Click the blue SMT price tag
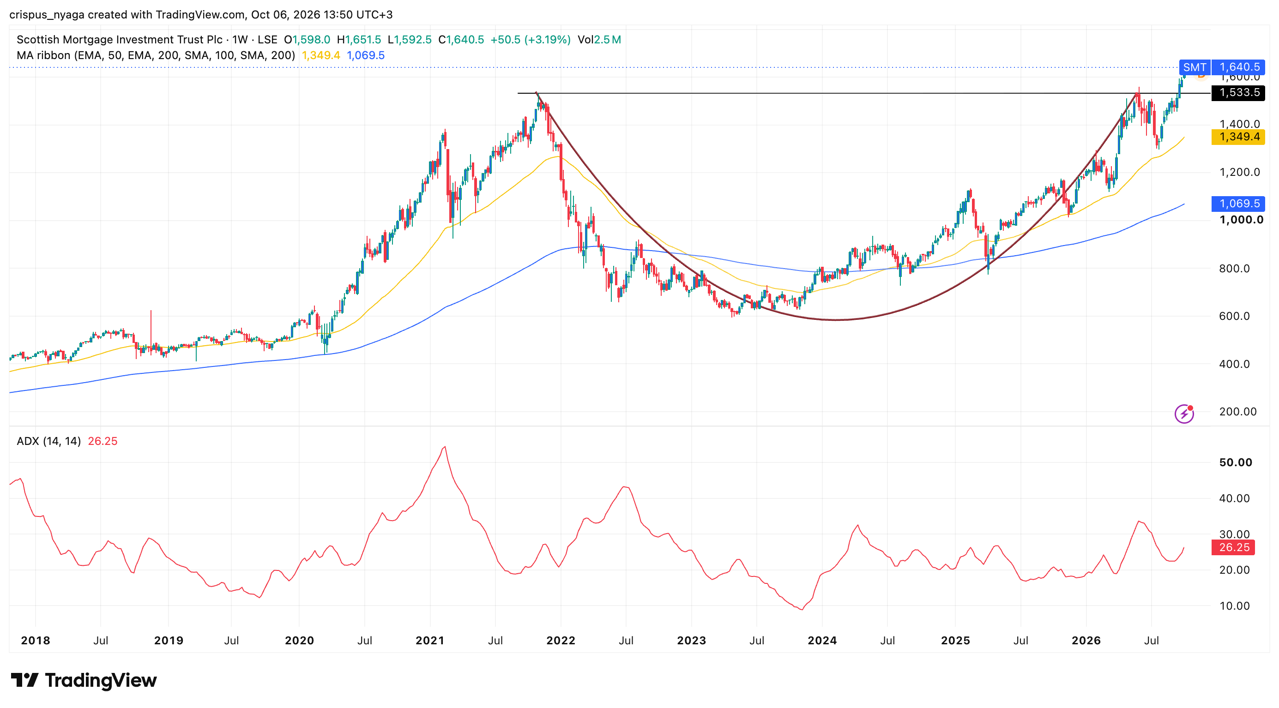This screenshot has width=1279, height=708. (x=1195, y=67)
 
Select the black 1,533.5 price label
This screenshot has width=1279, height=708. (x=1238, y=93)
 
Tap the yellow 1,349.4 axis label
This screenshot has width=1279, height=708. (x=1238, y=137)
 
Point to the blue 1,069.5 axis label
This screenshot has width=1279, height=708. (x=1238, y=204)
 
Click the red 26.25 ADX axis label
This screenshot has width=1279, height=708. (x=1233, y=547)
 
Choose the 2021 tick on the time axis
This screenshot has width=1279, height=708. (x=430, y=641)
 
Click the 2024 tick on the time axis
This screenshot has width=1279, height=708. (x=822, y=641)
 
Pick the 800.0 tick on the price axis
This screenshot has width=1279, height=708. (x=1234, y=269)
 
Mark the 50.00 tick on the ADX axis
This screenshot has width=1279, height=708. (x=1236, y=462)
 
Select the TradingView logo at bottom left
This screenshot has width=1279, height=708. (x=84, y=680)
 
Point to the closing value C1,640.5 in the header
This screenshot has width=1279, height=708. (x=461, y=40)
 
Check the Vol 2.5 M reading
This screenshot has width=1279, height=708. (x=599, y=40)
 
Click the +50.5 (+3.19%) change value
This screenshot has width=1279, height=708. (x=530, y=40)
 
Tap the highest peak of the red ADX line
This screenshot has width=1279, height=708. (x=445, y=447)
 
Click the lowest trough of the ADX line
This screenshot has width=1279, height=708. (x=802, y=609)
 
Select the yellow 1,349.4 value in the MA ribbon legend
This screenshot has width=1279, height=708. (x=321, y=55)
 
